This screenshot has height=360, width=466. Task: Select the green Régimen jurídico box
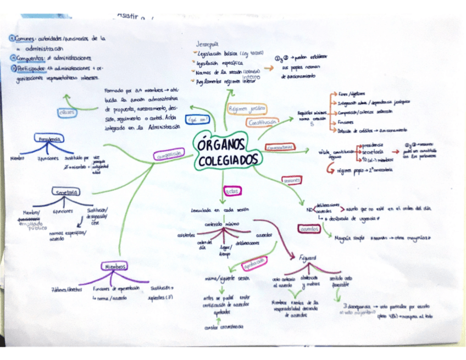click(x=247, y=108)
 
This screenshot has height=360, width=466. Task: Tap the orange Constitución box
click(x=262, y=123)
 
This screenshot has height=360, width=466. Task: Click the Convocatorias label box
click(x=279, y=148)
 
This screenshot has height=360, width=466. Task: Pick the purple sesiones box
click(x=291, y=180)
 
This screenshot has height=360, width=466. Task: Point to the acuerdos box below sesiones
click(x=310, y=229)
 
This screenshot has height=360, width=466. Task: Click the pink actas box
click(x=231, y=191)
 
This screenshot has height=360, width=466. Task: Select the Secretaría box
click(x=65, y=192)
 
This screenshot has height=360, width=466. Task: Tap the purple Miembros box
click(x=115, y=267)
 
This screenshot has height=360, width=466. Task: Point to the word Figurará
click(x=308, y=257)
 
